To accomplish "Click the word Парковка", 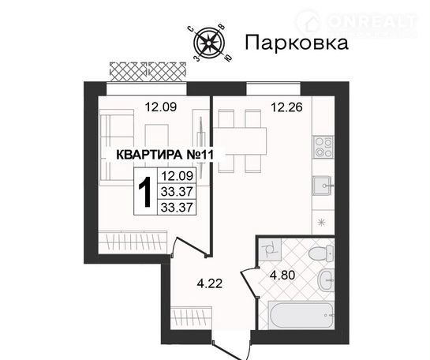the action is (297, 43).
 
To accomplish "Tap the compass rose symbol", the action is (209, 43).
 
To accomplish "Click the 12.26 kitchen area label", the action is (286, 107).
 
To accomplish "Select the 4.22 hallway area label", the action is (210, 283).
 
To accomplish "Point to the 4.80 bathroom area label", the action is (282, 276).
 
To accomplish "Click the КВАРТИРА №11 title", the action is (165, 155).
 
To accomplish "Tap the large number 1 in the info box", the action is (145, 192).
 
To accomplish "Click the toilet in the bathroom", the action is (320, 253).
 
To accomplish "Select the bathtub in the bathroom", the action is (301, 315).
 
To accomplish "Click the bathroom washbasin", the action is (326, 279).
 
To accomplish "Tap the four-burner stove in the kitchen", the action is (323, 147).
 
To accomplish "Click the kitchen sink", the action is (323, 186).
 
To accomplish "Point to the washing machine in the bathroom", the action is (270, 249).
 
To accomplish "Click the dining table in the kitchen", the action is (240, 141).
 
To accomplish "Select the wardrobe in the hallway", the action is (191, 317).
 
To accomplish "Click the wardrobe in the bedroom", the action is (133, 242).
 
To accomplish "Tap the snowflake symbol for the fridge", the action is (321, 222).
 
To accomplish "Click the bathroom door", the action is (249, 283).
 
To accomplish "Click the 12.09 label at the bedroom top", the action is (161, 107).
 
